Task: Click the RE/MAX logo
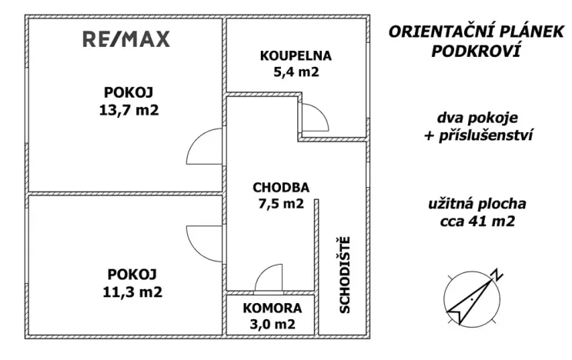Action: (x=125, y=40)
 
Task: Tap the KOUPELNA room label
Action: (x=295, y=56)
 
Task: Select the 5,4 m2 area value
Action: (x=295, y=72)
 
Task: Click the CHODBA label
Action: (x=281, y=187)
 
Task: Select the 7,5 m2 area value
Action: (x=281, y=204)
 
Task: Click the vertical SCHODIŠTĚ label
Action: (x=345, y=274)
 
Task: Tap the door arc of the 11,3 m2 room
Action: (x=205, y=241)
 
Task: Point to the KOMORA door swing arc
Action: (x=269, y=278)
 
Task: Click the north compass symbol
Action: (x=470, y=297)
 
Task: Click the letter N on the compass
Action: (x=498, y=275)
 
